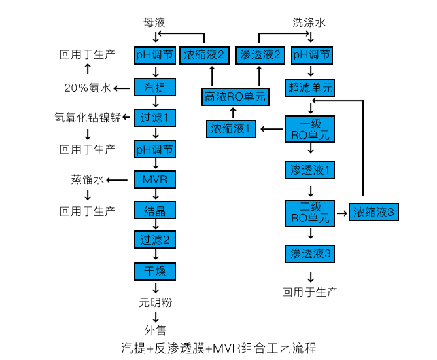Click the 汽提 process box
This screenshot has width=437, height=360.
(155, 87)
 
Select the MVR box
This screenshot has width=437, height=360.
(155, 179)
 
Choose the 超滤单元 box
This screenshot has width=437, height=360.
(311, 87)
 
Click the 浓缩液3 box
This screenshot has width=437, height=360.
(374, 212)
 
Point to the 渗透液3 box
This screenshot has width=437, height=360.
(311, 253)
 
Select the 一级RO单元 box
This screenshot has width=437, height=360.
(311, 128)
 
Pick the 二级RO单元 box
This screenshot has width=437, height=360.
(311, 212)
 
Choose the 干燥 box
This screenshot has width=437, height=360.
(155, 271)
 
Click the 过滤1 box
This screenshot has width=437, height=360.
(155, 118)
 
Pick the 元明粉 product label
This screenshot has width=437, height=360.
(155, 301)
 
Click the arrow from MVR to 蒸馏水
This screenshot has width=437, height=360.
(120, 180)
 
